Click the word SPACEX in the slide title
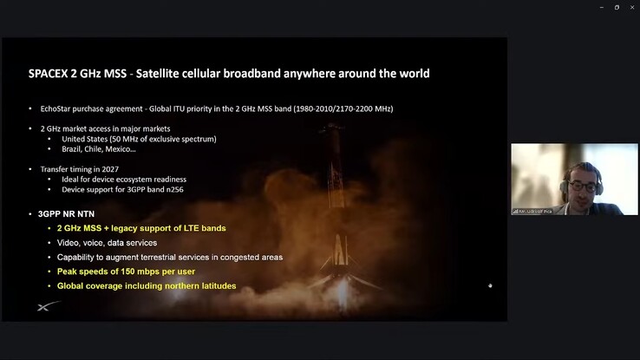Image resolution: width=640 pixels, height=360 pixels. pos(48,74)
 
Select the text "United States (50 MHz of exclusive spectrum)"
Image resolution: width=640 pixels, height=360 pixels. pos(139,139)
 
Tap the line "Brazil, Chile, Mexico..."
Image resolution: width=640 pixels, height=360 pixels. pos(99,148)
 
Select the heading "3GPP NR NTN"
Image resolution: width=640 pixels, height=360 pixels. pos(68,213)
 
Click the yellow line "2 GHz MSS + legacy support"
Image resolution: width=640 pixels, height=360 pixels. pos(141,228)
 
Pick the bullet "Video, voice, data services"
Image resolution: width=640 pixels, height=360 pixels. pos(108,243)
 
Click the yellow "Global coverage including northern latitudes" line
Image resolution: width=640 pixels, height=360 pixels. pos(147,286)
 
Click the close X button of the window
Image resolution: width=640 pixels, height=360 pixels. pos(630,7)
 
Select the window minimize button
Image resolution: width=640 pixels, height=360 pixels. pos(602,7)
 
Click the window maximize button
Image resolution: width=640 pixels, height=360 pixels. pos(617,7)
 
